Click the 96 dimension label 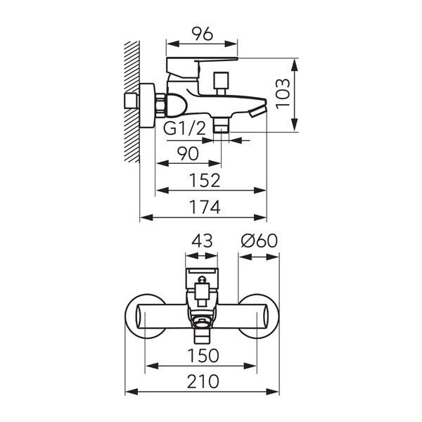coord(202,34)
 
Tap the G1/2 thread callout coord(184,129)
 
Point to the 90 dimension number coord(188,153)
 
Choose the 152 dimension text coord(205,180)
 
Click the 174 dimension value coord(205,207)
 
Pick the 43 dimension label coord(202,241)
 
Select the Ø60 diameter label coord(259,241)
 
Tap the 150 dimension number coord(203,355)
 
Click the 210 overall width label coord(203,381)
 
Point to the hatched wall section coord(132,102)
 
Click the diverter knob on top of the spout coord(221,82)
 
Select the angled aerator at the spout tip coord(258,111)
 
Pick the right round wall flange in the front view coord(258,316)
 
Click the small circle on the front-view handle coord(202,280)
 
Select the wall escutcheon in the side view coord(148,105)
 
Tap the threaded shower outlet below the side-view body coord(222,124)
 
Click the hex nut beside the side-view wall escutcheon coord(160,105)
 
